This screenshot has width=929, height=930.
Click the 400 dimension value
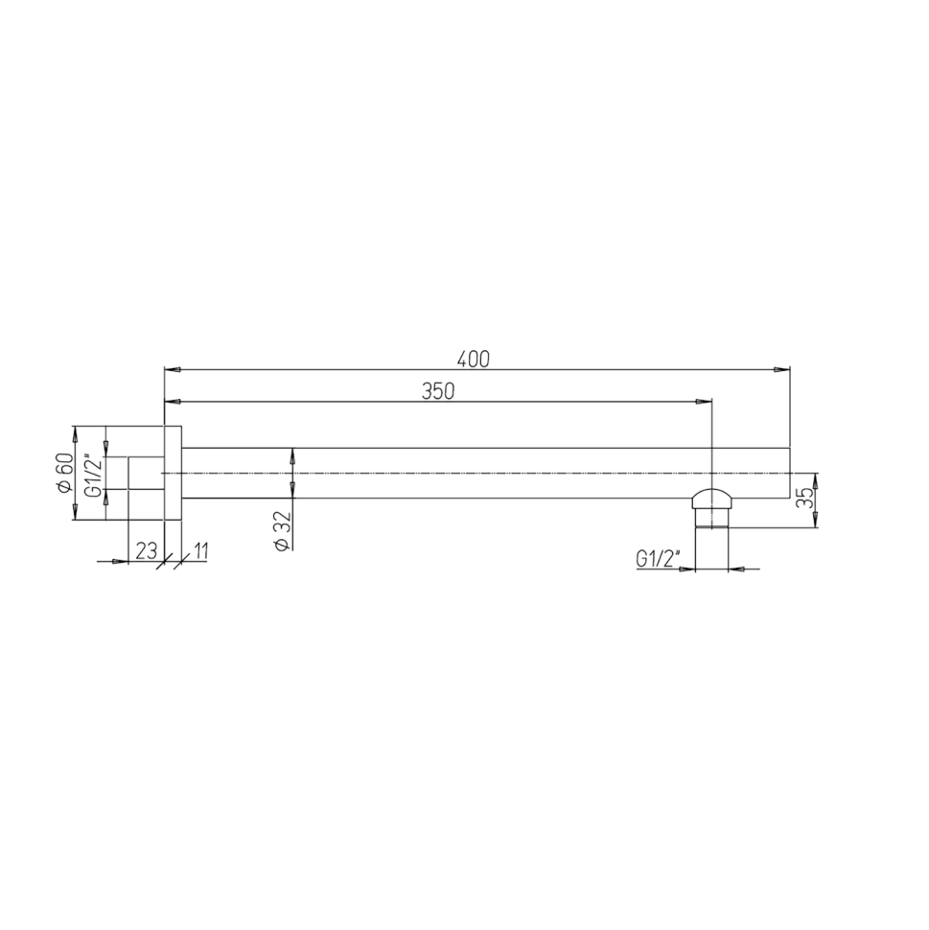pyautogui.click(x=474, y=360)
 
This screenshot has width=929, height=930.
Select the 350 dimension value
pyautogui.click(x=438, y=391)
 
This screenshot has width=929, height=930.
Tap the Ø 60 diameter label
pyautogui.click(x=65, y=472)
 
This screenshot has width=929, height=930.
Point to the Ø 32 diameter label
pyautogui.click(x=283, y=530)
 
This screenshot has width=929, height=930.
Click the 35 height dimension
pyautogui.click(x=804, y=500)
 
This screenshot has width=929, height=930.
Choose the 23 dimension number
pyautogui.click(x=146, y=551)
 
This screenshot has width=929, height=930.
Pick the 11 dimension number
pyautogui.click(x=199, y=551)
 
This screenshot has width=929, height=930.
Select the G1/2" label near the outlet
pyautogui.click(x=658, y=559)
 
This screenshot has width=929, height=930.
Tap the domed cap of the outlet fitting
pyautogui.click(x=711, y=498)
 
